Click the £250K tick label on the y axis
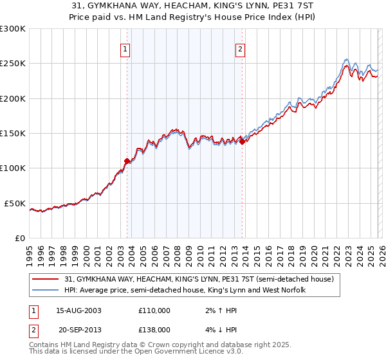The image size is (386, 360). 13,64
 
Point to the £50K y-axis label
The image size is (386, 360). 15,203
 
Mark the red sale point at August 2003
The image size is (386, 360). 127,161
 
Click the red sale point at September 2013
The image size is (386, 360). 242,142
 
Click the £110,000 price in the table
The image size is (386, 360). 154,310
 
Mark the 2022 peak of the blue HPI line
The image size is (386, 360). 346,59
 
